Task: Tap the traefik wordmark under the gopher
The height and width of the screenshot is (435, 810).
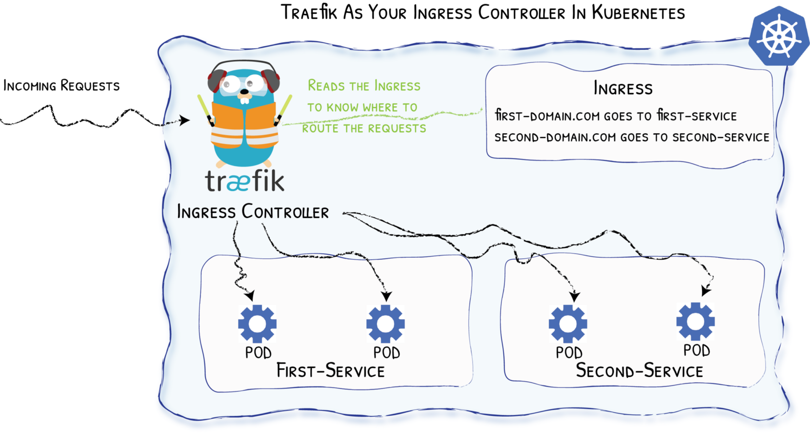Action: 245,181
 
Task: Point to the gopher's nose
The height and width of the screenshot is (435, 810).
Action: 245,93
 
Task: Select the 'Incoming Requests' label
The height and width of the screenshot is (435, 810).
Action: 61,86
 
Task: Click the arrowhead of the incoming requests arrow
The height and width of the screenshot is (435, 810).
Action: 185,121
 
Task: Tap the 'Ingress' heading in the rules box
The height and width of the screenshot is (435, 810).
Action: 623,89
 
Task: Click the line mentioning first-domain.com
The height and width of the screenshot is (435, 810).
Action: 616,116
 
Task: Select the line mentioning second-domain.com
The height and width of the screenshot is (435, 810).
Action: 631,137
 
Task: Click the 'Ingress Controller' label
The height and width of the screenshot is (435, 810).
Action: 253,212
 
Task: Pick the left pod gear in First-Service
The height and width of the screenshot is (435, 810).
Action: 257,324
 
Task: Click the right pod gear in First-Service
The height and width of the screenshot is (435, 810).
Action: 385,324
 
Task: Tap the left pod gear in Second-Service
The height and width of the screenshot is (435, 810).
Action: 568,324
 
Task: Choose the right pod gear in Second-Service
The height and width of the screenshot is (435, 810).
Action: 696,322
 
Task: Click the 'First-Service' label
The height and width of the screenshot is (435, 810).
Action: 330,371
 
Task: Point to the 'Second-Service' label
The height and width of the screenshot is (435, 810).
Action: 639,371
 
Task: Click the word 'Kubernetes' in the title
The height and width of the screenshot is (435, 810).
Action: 638,12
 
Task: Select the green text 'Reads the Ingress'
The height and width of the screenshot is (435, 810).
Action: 364,86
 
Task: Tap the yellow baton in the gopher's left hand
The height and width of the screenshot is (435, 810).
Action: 285,107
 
